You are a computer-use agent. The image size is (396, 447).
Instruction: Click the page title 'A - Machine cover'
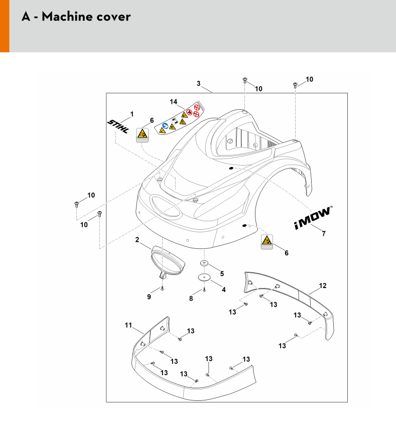76,17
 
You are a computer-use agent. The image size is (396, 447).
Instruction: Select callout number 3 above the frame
199,83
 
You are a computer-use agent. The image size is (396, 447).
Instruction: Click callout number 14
174,102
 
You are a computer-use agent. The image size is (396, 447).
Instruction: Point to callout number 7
323,234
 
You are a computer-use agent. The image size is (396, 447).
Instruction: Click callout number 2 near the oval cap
137,240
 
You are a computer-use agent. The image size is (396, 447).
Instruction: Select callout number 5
222,274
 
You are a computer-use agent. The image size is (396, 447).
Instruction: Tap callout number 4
224,289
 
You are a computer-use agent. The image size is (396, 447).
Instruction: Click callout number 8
191,299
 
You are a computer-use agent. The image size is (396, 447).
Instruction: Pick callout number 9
149,297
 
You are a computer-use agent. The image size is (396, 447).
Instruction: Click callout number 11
128,326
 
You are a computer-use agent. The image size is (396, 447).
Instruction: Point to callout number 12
323,285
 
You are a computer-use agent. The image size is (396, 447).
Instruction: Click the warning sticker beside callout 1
144,134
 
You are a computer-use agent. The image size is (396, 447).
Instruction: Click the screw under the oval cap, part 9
163,288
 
